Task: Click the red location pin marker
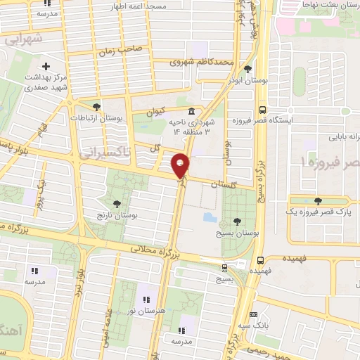click(181, 166)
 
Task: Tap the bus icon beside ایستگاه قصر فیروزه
click(262, 110)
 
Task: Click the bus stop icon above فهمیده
click(261, 259)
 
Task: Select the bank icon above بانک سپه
click(254, 314)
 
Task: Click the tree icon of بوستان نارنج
click(117, 203)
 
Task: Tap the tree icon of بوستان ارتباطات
click(96, 107)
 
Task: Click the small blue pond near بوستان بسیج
click(210, 217)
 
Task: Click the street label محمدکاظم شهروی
click(201, 62)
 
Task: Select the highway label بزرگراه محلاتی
click(156, 250)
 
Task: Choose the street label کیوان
click(155, 112)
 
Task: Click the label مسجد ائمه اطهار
click(138, 6)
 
